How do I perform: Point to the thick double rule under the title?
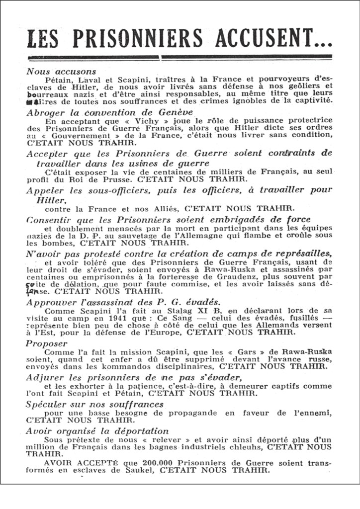point(180,57)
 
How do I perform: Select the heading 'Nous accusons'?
point(61,71)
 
